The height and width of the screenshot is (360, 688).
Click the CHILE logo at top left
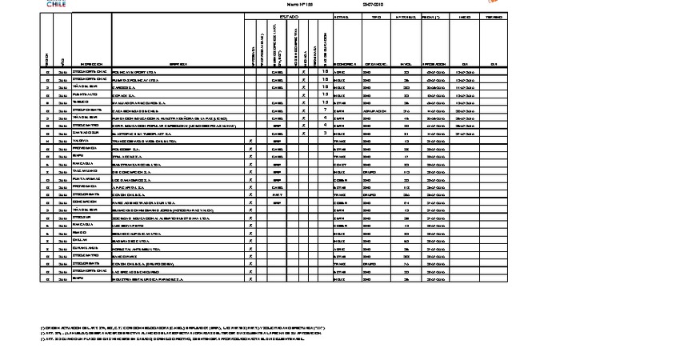(55, 4)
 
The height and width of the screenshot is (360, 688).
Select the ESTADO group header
(288, 17)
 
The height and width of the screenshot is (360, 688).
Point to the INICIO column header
(462, 17)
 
